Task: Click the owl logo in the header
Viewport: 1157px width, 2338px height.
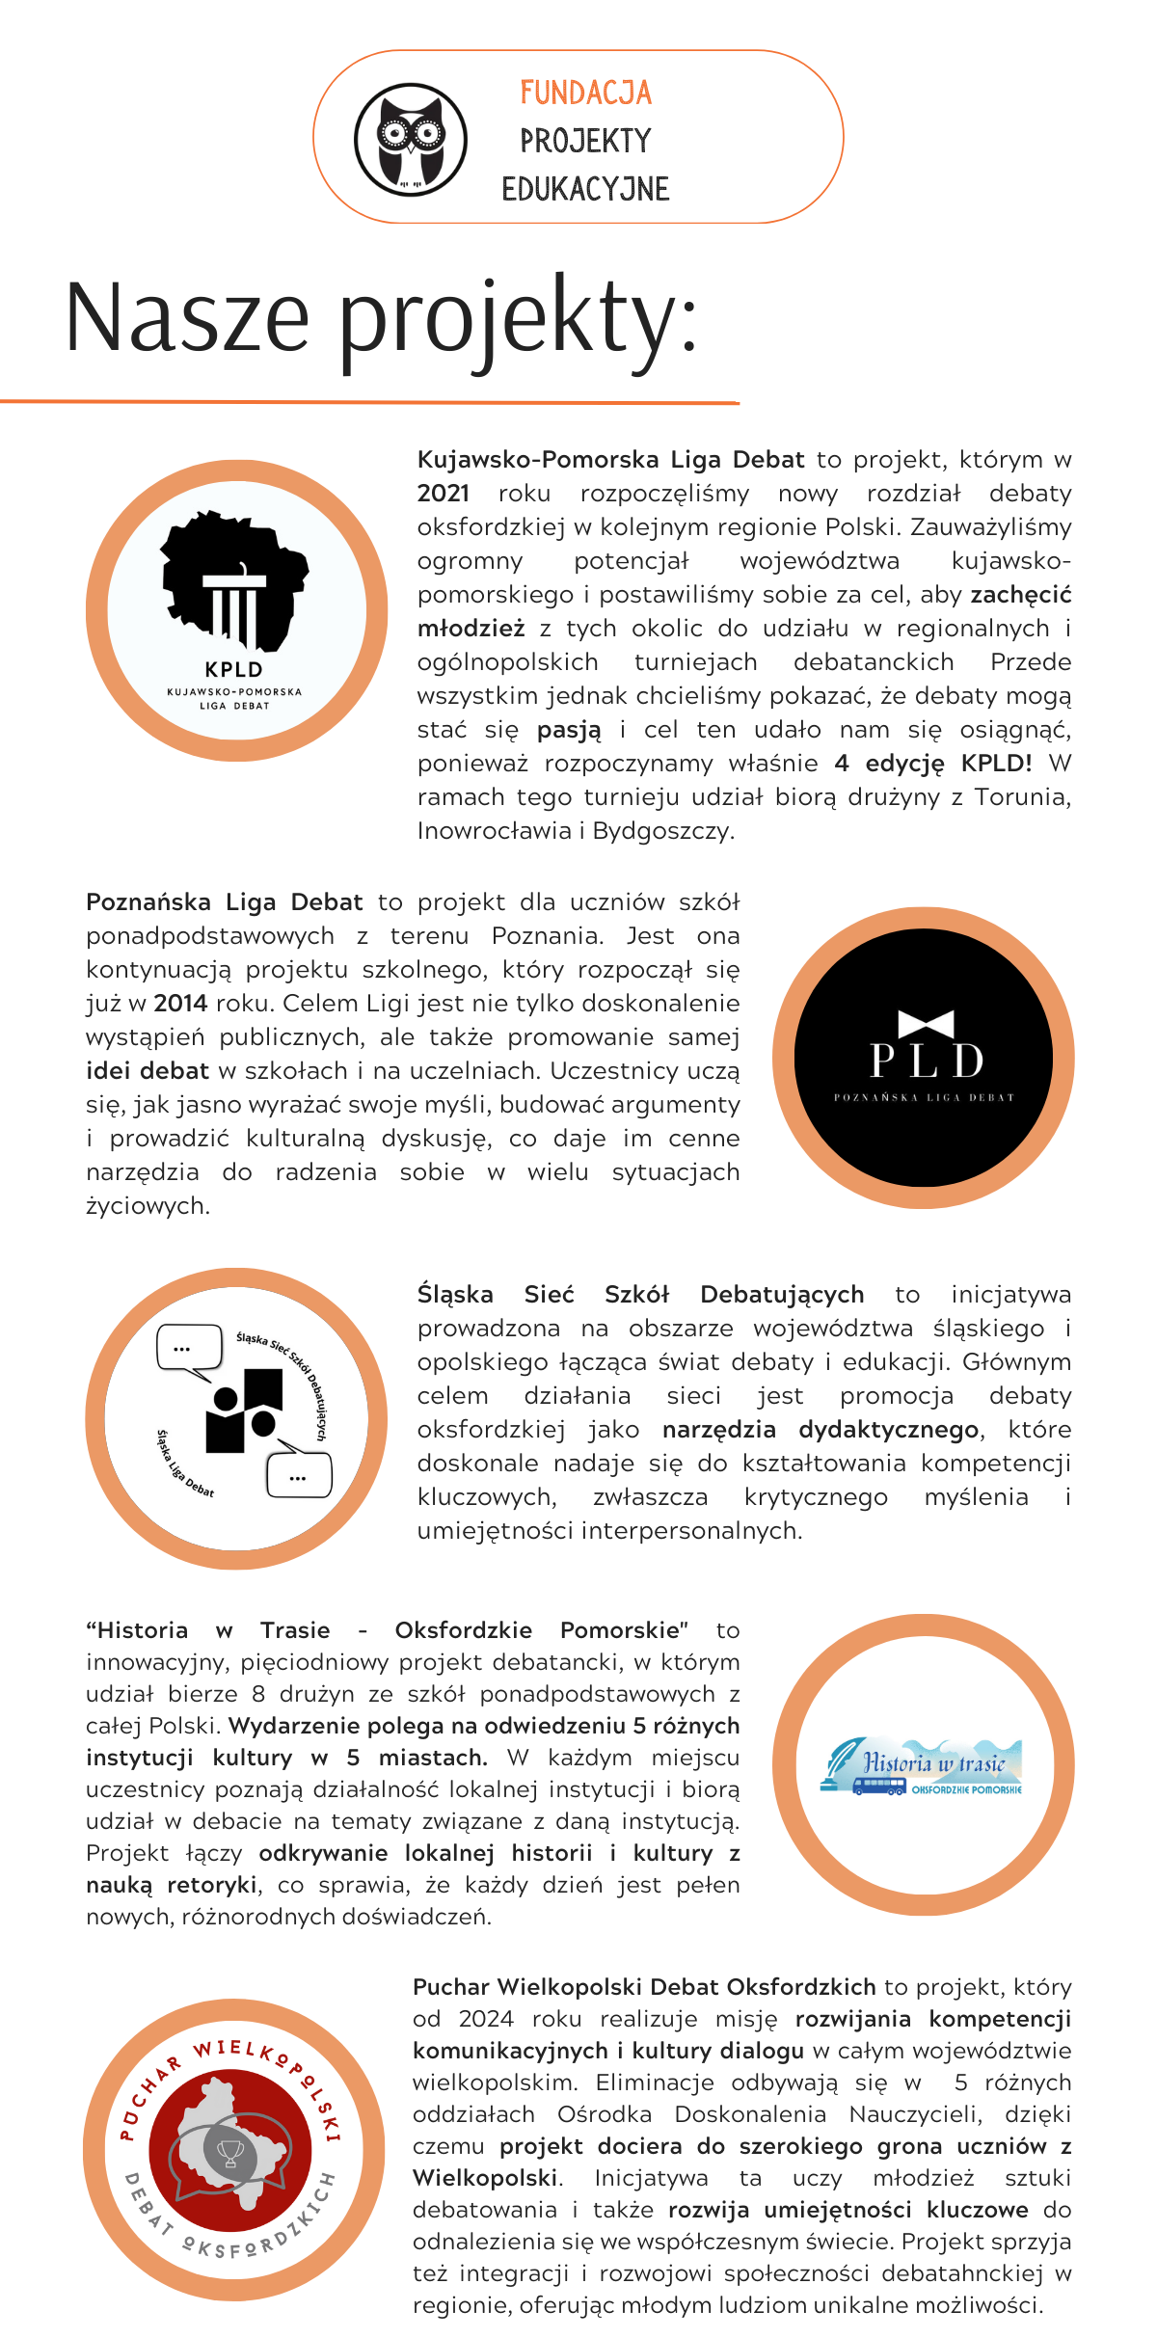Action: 411,139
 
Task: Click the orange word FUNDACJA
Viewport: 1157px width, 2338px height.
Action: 585,93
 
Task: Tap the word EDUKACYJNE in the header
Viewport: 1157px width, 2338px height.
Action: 585,189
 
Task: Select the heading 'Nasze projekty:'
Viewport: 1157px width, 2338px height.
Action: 381,318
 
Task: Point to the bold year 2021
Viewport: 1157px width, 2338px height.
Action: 443,494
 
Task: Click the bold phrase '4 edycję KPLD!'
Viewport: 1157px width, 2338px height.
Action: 932,764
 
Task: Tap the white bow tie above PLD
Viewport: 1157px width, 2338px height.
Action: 926,1023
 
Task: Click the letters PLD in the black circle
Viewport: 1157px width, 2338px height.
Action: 926,1062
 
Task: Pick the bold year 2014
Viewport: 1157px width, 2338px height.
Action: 180,1004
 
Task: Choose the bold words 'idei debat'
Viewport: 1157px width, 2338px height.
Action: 148,1071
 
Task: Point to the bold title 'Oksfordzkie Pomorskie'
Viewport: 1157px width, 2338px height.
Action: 541,1630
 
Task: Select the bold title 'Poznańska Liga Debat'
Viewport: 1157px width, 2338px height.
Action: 224,902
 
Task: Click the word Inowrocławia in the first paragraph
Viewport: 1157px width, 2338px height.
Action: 494,831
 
